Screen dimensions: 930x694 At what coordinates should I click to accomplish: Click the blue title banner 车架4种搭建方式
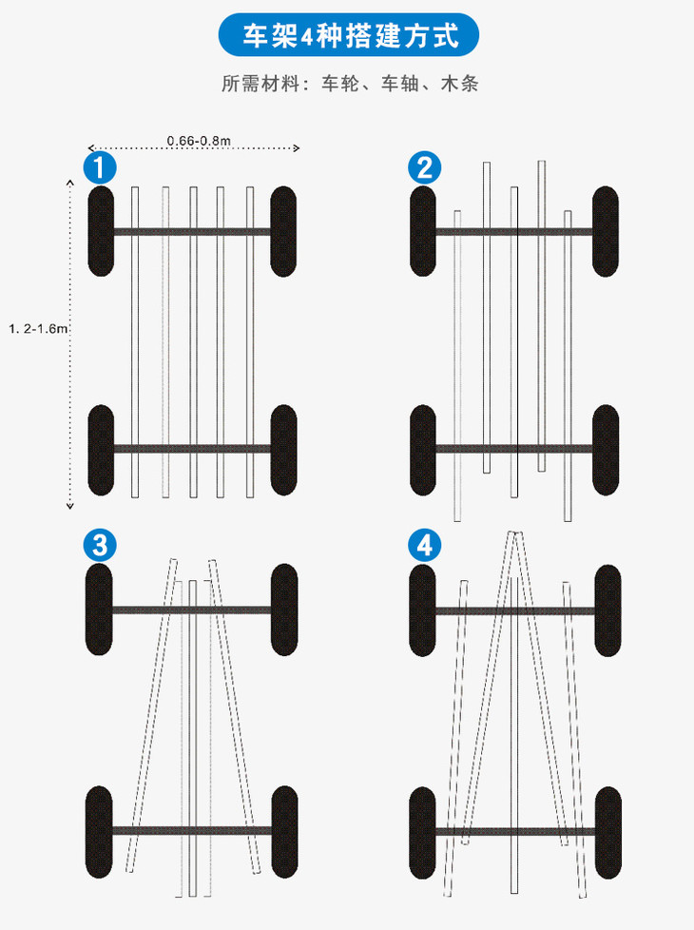tap(349, 36)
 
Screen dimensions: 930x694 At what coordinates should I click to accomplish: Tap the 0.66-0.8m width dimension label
tap(199, 141)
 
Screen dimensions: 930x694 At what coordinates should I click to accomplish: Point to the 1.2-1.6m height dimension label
tap(38, 328)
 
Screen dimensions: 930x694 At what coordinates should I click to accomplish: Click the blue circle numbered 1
tap(100, 168)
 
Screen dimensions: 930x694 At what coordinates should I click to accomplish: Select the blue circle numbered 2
tap(424, 168)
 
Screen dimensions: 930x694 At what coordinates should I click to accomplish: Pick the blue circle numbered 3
tap(100, 546)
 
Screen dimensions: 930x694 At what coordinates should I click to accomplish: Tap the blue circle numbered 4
tap(424, 546)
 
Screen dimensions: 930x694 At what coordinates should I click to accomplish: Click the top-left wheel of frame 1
tap(101, 231)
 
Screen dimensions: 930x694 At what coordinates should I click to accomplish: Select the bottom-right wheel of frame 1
tap(283, 450)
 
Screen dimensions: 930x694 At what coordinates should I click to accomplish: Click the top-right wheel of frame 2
tap(607, 231)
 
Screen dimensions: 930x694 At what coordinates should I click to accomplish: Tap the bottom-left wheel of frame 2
tap(423, 450)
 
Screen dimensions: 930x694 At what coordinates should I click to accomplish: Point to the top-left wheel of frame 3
tap(100, 610)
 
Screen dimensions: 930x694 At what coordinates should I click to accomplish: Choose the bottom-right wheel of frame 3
tap(283, 830)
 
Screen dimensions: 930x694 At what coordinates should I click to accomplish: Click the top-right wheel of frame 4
tap(607, 610)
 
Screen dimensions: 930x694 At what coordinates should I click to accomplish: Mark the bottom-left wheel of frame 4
tap(423, 830)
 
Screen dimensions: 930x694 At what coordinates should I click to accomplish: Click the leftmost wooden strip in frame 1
tap(135, 342)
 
